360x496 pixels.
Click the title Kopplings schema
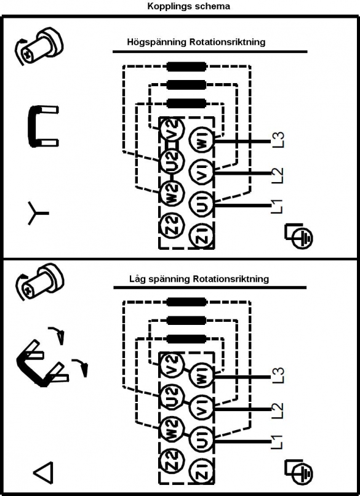[188, 6]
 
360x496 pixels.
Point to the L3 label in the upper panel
[278, 140]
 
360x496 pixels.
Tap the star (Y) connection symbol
[37, 213]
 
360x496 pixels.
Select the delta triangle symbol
[43, 473]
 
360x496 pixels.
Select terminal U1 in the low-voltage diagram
[201, 438]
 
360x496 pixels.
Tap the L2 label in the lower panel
[278, 409]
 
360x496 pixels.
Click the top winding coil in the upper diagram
[186, 66]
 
